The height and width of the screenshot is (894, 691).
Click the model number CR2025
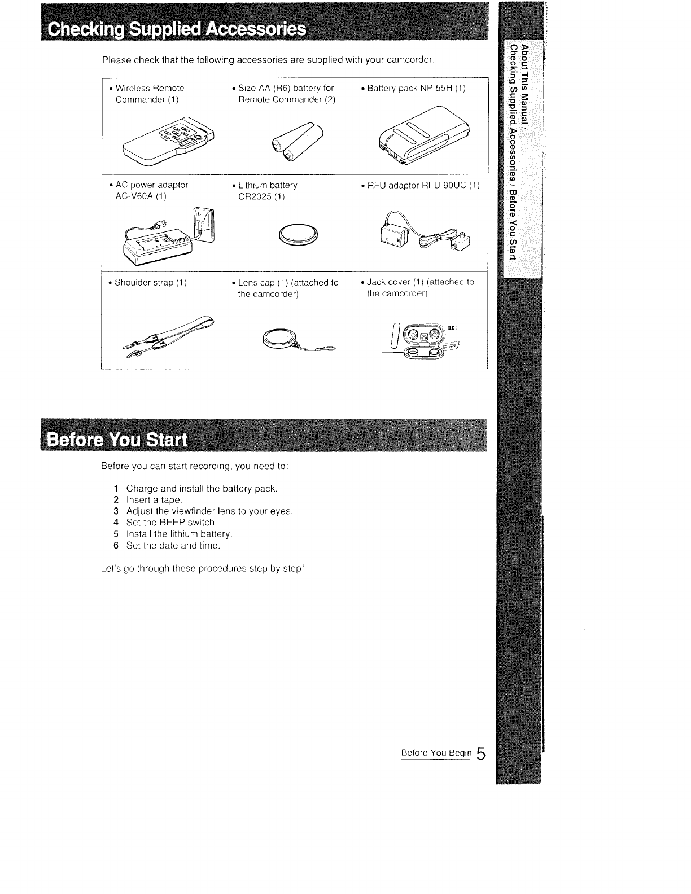coord(256,196)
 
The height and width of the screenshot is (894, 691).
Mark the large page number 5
coord(480,753)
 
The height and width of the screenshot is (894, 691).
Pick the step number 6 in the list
coord(116,545)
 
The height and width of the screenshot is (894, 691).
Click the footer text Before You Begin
coord(435,753)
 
